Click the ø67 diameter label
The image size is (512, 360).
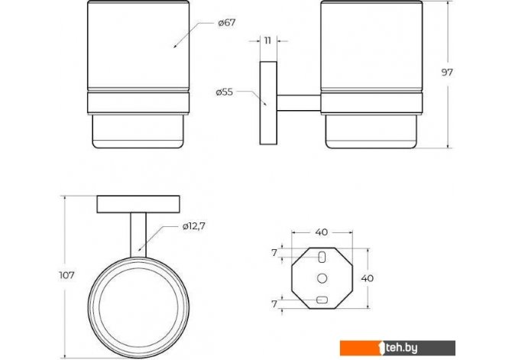click(x=227, y=23)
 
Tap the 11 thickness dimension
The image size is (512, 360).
click(x=267, y=41)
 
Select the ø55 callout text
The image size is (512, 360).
click(x=225, y=92)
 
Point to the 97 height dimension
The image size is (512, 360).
click(x=447, y=72)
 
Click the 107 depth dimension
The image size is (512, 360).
click(x=66, y=275)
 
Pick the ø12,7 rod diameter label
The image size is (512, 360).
click(x=193, y=226)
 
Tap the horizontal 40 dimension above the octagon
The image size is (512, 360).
click(x=322, y=232)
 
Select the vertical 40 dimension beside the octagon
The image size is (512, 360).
click(x=368, y=278)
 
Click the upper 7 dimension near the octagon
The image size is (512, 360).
click(x=274, y=252)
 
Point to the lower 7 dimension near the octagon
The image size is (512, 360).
click(x=274, y=303)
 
